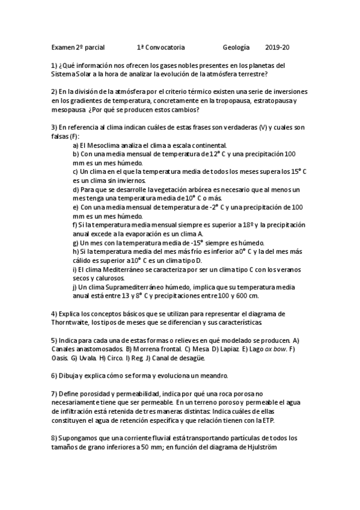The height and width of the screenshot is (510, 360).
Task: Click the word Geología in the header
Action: tap(236, 47)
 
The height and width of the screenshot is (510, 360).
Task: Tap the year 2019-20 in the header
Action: tap(277, 47)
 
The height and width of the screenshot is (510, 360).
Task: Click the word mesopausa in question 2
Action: tap(68, 110)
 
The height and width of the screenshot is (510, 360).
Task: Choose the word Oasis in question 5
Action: tap(59, 358)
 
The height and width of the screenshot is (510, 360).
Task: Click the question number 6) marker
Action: tap(54, 376)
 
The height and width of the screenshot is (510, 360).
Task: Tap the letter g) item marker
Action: tap(75, 242)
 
